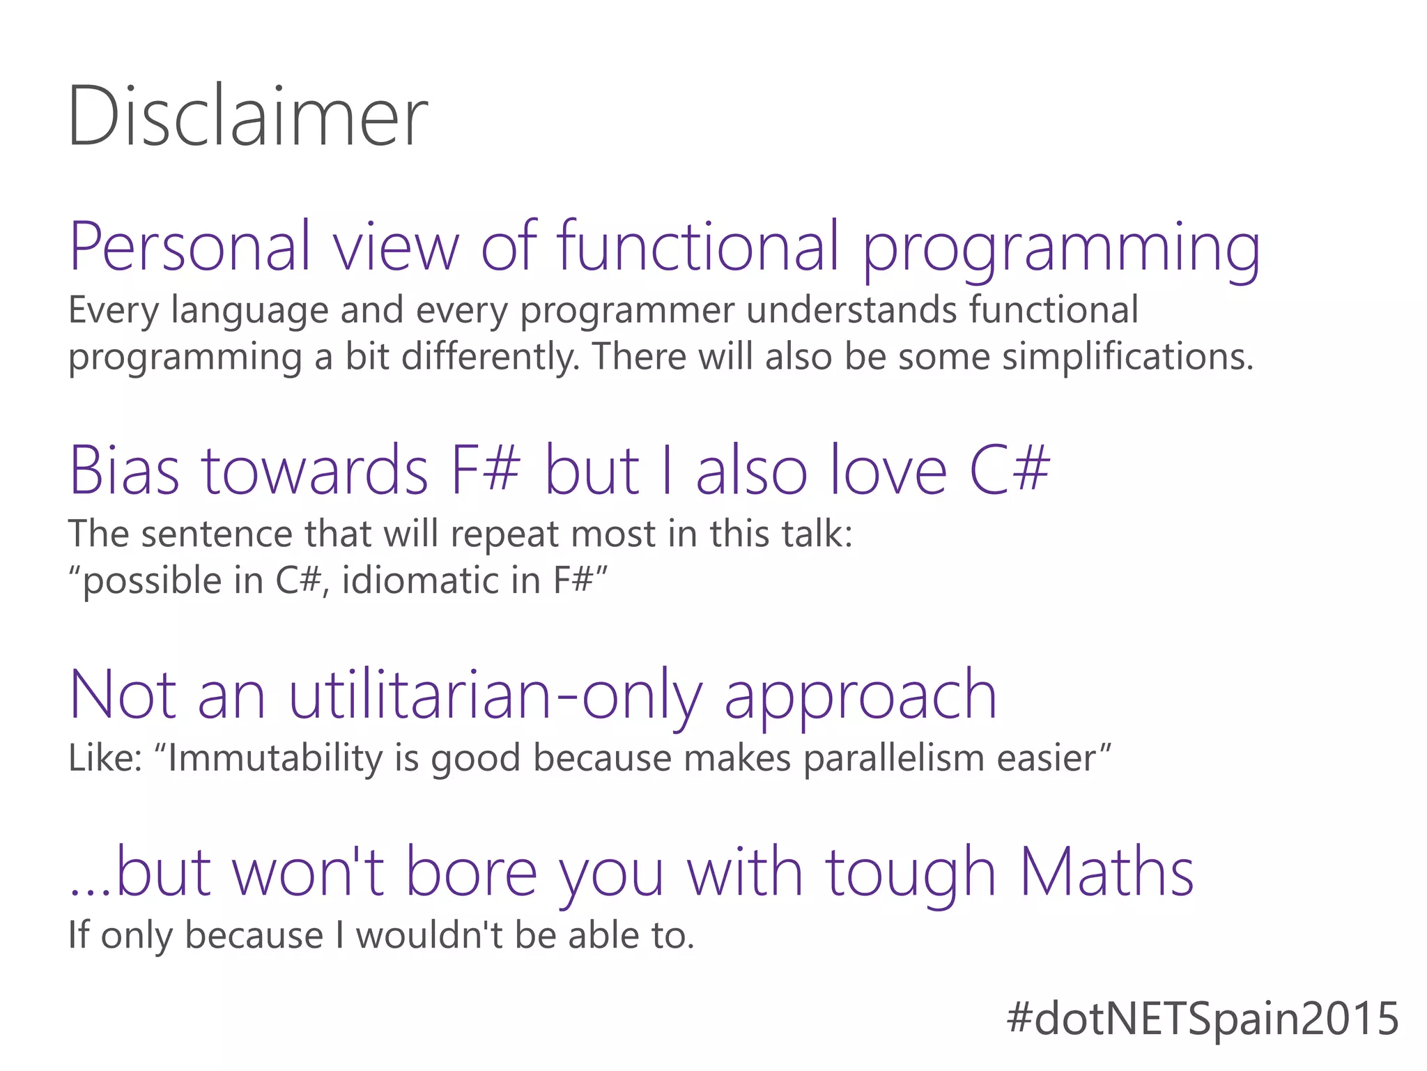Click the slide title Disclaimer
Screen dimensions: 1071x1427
tap(247, 116)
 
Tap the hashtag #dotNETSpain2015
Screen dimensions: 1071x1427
tap(1203, 1018)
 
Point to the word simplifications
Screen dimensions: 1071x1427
tap(1127, 356)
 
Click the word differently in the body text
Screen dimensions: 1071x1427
tap(491, 356)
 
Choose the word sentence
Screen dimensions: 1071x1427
tap(217, 534)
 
